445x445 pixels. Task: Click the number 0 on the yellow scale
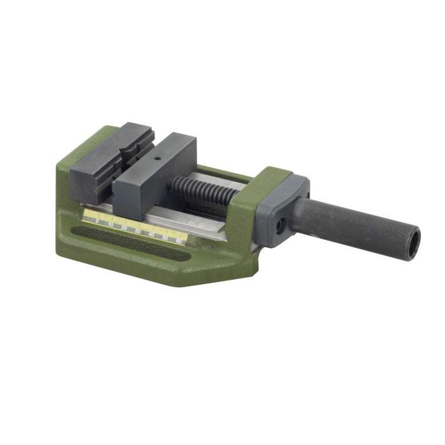[97, 221]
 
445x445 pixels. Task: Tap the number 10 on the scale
[111, 224]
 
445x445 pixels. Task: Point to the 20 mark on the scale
[124, 228]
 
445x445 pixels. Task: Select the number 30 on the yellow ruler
[137, 231]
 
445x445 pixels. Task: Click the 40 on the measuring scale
[151, 235]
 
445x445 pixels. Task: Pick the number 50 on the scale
[165, 238]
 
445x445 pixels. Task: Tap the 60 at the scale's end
[179, 242]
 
